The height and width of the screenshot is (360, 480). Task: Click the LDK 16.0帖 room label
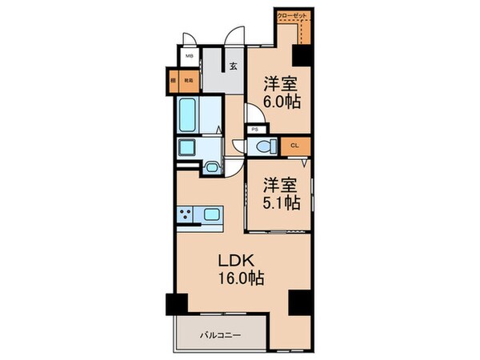coord(236,270)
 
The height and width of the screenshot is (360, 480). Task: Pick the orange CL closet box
coord(295,145)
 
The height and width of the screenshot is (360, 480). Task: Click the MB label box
coord(190,57)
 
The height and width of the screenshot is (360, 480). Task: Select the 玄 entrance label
coord(234,67)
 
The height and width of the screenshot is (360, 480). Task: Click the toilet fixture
coord(265,146)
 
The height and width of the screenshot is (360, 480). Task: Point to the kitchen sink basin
coord(214,215)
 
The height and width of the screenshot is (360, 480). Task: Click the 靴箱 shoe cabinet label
coord(189,79)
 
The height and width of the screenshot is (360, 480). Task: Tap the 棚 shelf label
coord(173,79)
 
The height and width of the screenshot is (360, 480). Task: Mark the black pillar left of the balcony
coord(175,304)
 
